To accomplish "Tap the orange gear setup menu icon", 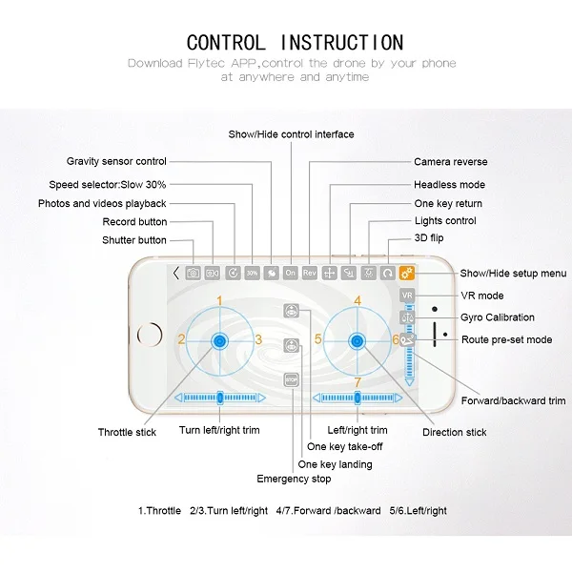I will pyautogui.click(x=407, y=273).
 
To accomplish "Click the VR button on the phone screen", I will pyautogui.click(x=407, y=296).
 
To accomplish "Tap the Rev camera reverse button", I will pyautogui.click(x=309, y=273).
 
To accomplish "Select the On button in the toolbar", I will pyautogui.click(x=290, y=273).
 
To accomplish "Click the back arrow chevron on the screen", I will pyautogui.click(x=176, y=273).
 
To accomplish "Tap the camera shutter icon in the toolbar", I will pyautogui.click(x=194, y=273).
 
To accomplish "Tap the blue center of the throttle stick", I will pyautogui.click(x=220, y=340).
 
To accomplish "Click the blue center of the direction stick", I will pyautogui.click(x=358, y=340).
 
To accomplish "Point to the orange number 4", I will pyautogui.click(x=357, y=301).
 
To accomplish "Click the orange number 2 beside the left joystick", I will pyautogui.click(x=181, y=339).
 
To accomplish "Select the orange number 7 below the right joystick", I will pyautogui.click(x=357, y=383).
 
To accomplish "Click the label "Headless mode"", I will pyautogui.click(x=449, y=185).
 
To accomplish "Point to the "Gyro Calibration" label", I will pyautogui.click(x=498, y=317).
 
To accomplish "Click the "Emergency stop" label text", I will pyautogui.click(x=294, y=480).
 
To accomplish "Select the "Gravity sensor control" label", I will pyautogui.click(x=116, y=162).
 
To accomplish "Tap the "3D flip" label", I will pyautogui.click(x=430, y=238).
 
